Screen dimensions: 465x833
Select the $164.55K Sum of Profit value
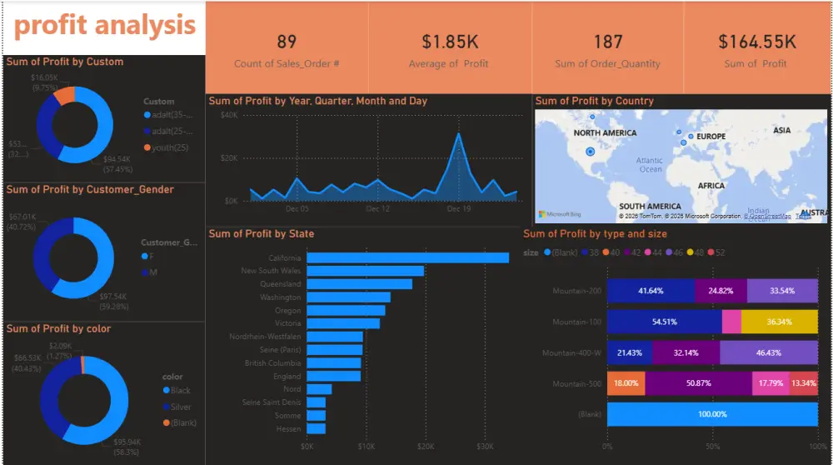pyautogui.click(x=757, y=42)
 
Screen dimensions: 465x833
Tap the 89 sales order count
pyautogui.click(x=287, y=42)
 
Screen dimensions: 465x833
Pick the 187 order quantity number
pyautogui.click(x=607, y=42)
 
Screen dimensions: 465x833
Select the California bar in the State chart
pyautogui.click(x=407, y=257)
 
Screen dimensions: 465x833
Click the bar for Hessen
pyautogui.click(x=317, y=429)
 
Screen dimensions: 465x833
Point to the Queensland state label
pyautogui.click(x=280, y=284)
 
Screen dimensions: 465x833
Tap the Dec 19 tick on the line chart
pyautogui.click(x=458, y=209)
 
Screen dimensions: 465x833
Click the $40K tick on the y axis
pyautogui.click(x=228, y=115)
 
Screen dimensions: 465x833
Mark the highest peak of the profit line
pyautogui.click(x=457, y=133)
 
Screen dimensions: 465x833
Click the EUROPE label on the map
pyautogui.click(x=711, y=137)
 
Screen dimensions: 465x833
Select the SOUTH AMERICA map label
pyautogui.click(x=650, y=207)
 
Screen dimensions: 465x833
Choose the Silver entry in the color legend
pyautogui.click(x=180, y=407)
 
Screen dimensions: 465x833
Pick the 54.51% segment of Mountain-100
pyautogui.click(x=664, y=322)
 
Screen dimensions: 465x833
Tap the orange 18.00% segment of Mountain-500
pyautogui.click(x=626, y=384)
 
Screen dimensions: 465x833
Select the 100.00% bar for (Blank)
pyautogui.click(x=712, y=415)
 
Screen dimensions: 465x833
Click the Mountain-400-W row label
pyautogui.click(x=571, y=353)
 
